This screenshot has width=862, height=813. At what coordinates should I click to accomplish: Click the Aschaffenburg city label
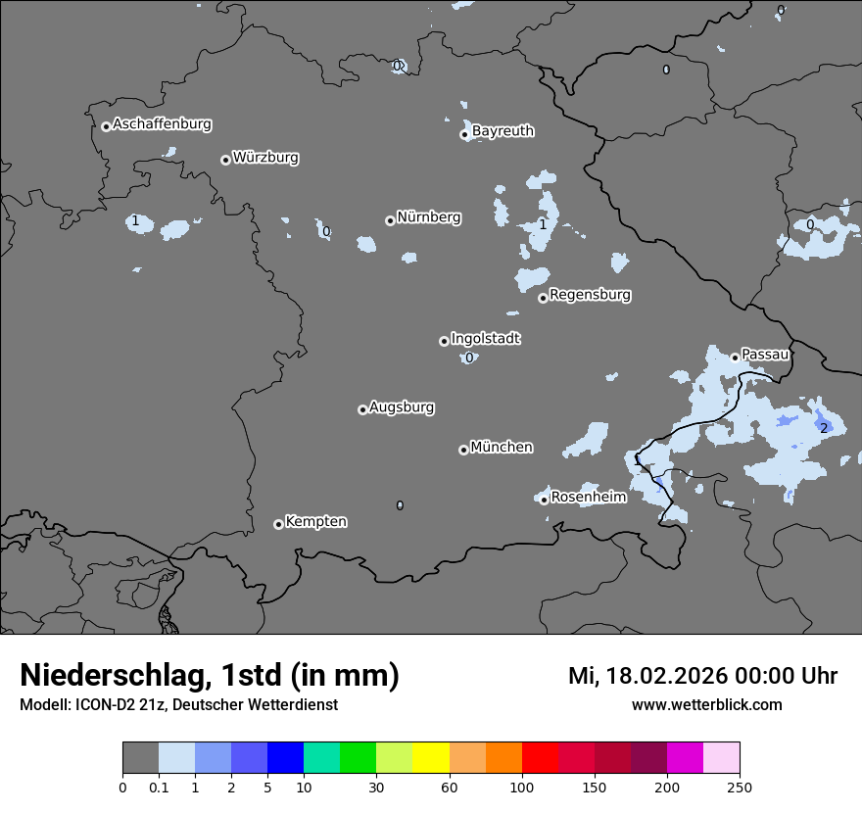(162, 124)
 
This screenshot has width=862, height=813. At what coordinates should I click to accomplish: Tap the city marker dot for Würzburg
(225, 160)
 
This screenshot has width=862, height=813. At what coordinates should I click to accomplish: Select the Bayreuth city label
(503, 130)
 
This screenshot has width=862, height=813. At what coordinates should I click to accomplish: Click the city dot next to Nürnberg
(390, 220)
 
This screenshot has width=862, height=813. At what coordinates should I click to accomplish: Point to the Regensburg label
(590, 294)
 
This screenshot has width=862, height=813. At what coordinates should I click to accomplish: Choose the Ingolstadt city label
(485, 338)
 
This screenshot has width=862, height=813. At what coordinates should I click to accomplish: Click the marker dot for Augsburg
(362, 409)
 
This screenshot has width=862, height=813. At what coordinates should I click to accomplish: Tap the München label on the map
(502, 447)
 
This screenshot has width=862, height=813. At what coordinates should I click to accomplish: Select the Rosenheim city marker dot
(544, 500)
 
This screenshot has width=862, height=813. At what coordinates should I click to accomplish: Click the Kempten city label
(315, 521)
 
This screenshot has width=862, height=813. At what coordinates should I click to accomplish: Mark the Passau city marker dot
(735, 358)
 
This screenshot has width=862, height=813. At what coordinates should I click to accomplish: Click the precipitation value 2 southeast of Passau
(824, 428)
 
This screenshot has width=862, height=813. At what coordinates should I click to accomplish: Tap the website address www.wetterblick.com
(706, 705)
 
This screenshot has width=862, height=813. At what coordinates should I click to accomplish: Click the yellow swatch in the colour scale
(431, 758)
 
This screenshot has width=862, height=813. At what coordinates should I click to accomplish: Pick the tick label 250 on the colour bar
(740, 788)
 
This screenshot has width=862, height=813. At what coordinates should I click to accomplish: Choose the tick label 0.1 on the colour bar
(159, 788)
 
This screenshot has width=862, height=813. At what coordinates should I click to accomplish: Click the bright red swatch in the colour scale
(540, 758)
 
